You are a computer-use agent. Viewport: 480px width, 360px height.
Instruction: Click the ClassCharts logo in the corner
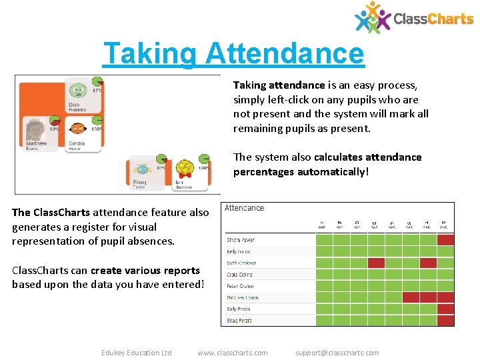click(x=413, y=18)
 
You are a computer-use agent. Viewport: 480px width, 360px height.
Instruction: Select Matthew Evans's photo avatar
click(x=35, y=127)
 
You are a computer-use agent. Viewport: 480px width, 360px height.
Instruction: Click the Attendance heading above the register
click(x=244, y=208)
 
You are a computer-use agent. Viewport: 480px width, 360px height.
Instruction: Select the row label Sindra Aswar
click(x=241, y=240)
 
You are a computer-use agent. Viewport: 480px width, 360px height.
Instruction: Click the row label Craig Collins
click(x=240, y=275)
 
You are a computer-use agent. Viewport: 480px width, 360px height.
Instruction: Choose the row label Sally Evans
click(x=239, y=309)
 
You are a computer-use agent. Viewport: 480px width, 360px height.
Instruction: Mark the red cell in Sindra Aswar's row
click(x=445, y=240)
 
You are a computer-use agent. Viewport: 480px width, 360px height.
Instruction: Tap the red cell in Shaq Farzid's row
click(x=445, y=321)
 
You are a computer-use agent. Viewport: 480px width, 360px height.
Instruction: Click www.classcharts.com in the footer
click(x=233, y=353)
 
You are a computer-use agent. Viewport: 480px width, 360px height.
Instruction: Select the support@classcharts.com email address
click(x=337, y=353)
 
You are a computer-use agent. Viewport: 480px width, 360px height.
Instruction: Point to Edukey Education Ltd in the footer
click(x=136, y=353)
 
